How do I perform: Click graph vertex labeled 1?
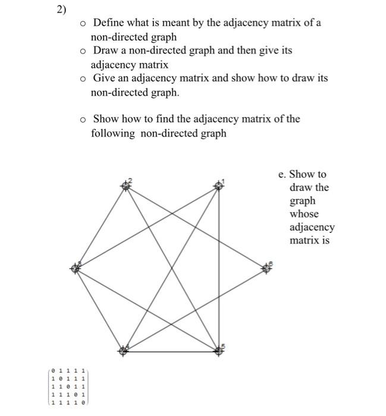point(219,186)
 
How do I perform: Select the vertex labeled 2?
point(125,186)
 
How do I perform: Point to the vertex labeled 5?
point(219,351)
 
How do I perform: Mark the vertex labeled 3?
point(76,269)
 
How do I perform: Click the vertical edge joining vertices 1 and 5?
point(219,267)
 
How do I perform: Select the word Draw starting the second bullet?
point(106,51)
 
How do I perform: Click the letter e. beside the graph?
point(283,174)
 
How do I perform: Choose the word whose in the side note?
point(304,214)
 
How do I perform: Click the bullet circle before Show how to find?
point(84,119)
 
